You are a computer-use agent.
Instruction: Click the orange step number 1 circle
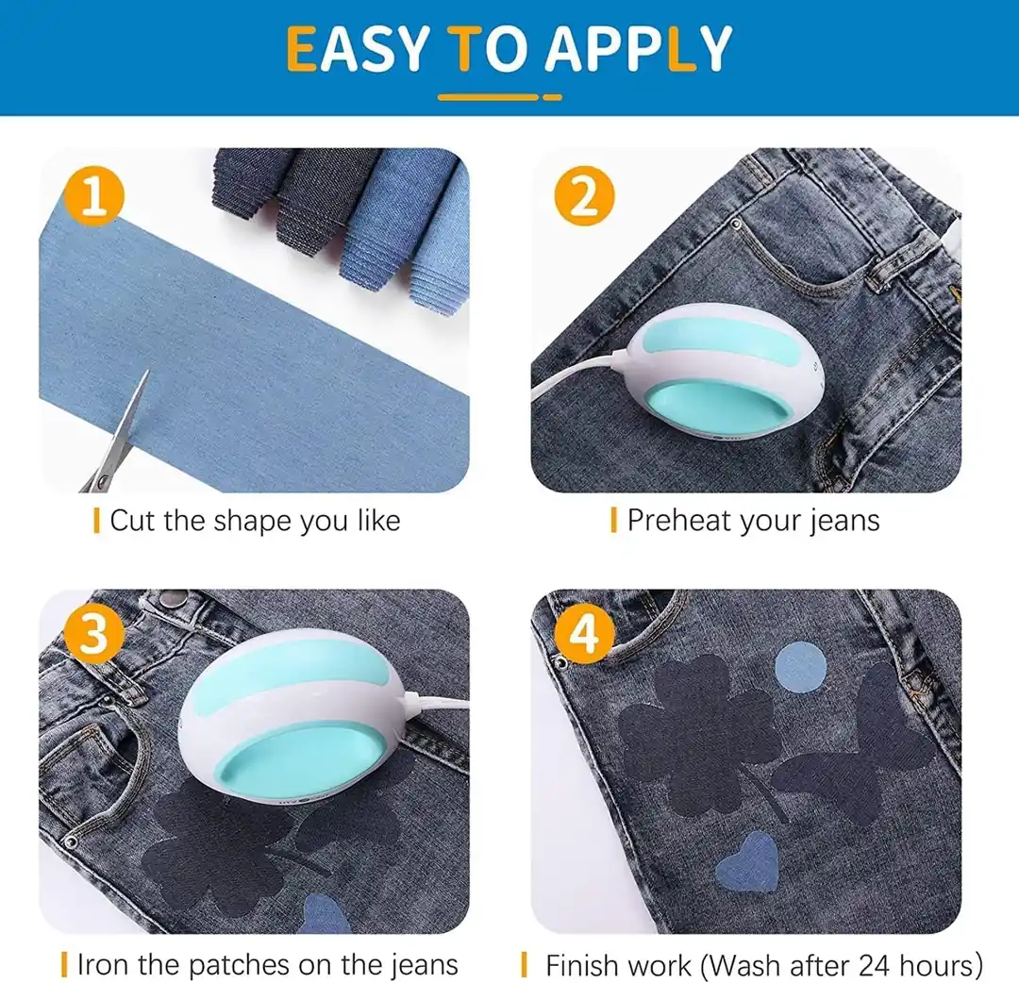point(94,195)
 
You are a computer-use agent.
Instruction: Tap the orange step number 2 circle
point(584,195)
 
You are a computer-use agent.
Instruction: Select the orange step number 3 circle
point(94,633)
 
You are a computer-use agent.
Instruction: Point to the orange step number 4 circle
point(584,633)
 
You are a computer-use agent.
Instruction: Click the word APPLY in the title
point(639,49)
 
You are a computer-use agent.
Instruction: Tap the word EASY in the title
point(357,49)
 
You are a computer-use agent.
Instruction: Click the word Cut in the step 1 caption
point(133,521)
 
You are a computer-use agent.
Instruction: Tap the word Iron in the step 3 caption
point(104,965)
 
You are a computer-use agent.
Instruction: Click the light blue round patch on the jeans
point(800,667)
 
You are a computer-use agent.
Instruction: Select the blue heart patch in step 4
point(748,863)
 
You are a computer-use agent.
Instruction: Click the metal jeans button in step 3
point(173,595)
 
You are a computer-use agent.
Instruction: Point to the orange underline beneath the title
point(499,97)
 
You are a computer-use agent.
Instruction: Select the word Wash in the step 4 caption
point(742,965)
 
